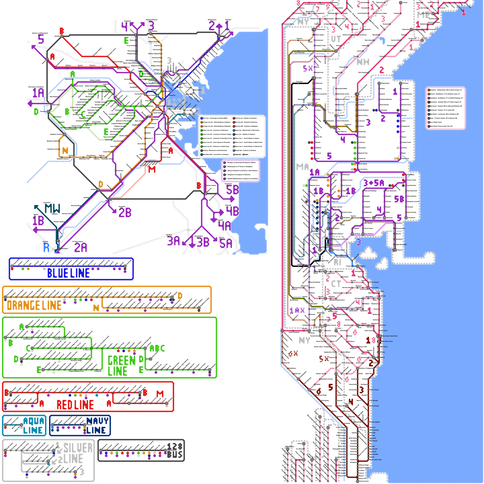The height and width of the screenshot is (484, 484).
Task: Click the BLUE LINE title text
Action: [68, 273]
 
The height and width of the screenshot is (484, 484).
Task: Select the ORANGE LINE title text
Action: [34, 306]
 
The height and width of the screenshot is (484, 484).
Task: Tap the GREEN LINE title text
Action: [121, 366]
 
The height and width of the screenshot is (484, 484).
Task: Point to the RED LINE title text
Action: [75, 405]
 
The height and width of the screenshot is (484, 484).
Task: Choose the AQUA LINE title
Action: [33, 426]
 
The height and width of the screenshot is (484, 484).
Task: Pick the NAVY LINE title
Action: [97, 426]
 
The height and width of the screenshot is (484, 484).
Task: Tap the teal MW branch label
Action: [52, 208]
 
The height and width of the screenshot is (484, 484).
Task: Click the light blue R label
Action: [46, 248]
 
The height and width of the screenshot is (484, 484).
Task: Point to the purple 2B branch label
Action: [125, 212]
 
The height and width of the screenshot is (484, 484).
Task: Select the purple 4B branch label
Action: [232, 211]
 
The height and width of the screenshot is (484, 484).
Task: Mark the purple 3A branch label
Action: [174, 241]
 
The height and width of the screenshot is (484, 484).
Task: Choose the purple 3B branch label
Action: [203, 242]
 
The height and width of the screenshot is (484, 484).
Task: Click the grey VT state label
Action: [336, 39]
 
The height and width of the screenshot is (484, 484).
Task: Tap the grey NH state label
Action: [363, 62]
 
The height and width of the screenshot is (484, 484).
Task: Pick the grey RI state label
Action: [337, 262]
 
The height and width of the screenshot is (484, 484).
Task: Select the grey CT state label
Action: [336, 284]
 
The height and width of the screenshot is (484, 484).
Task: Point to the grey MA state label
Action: [302, 167]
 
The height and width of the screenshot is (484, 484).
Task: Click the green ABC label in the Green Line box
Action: [157, 348]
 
